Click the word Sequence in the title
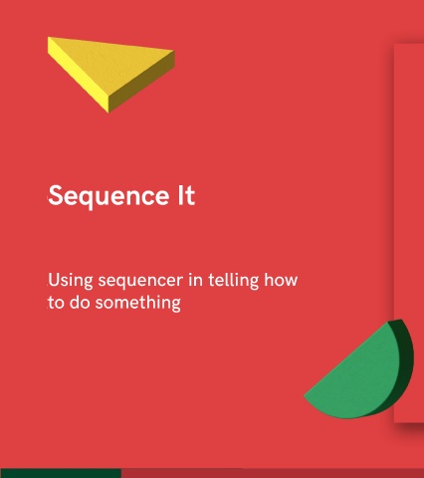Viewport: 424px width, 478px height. pyautogui.click(x=108, y=197)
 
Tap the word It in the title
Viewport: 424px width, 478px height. pyautogui.click(x=186, y=195)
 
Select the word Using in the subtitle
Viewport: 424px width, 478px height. pyautogui.click(x=71, y=281)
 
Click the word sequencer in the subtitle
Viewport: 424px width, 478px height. pyautogui.click(x=140, y=282)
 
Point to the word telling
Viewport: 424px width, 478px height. pyautogui.click(x=233, y=281)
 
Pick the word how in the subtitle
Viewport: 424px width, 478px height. pyautogui.click(x=281, y=280)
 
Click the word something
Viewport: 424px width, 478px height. pyautogui.click(x=138, y=304)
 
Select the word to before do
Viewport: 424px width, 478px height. pyautogui.click(x=56, y=303)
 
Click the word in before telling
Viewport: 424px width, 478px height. pyautogui.click(x=195, y=280)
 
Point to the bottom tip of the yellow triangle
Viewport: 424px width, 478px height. pyautogui.click(x=108, y=113)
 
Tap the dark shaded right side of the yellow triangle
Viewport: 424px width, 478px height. pyautogui.click(x=141, y=83)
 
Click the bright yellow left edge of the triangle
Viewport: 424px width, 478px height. pyautogui.click(x=78, y=77)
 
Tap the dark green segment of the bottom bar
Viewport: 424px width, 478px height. pyautogui.click(x=61, y=473)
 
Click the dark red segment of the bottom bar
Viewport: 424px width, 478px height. pyautogui.click(x=273, y=473)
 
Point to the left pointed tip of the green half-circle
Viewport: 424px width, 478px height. pyautogui.click(x=305, y=395)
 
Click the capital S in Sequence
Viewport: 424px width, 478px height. pyautogui.click(x=56, y=195)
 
